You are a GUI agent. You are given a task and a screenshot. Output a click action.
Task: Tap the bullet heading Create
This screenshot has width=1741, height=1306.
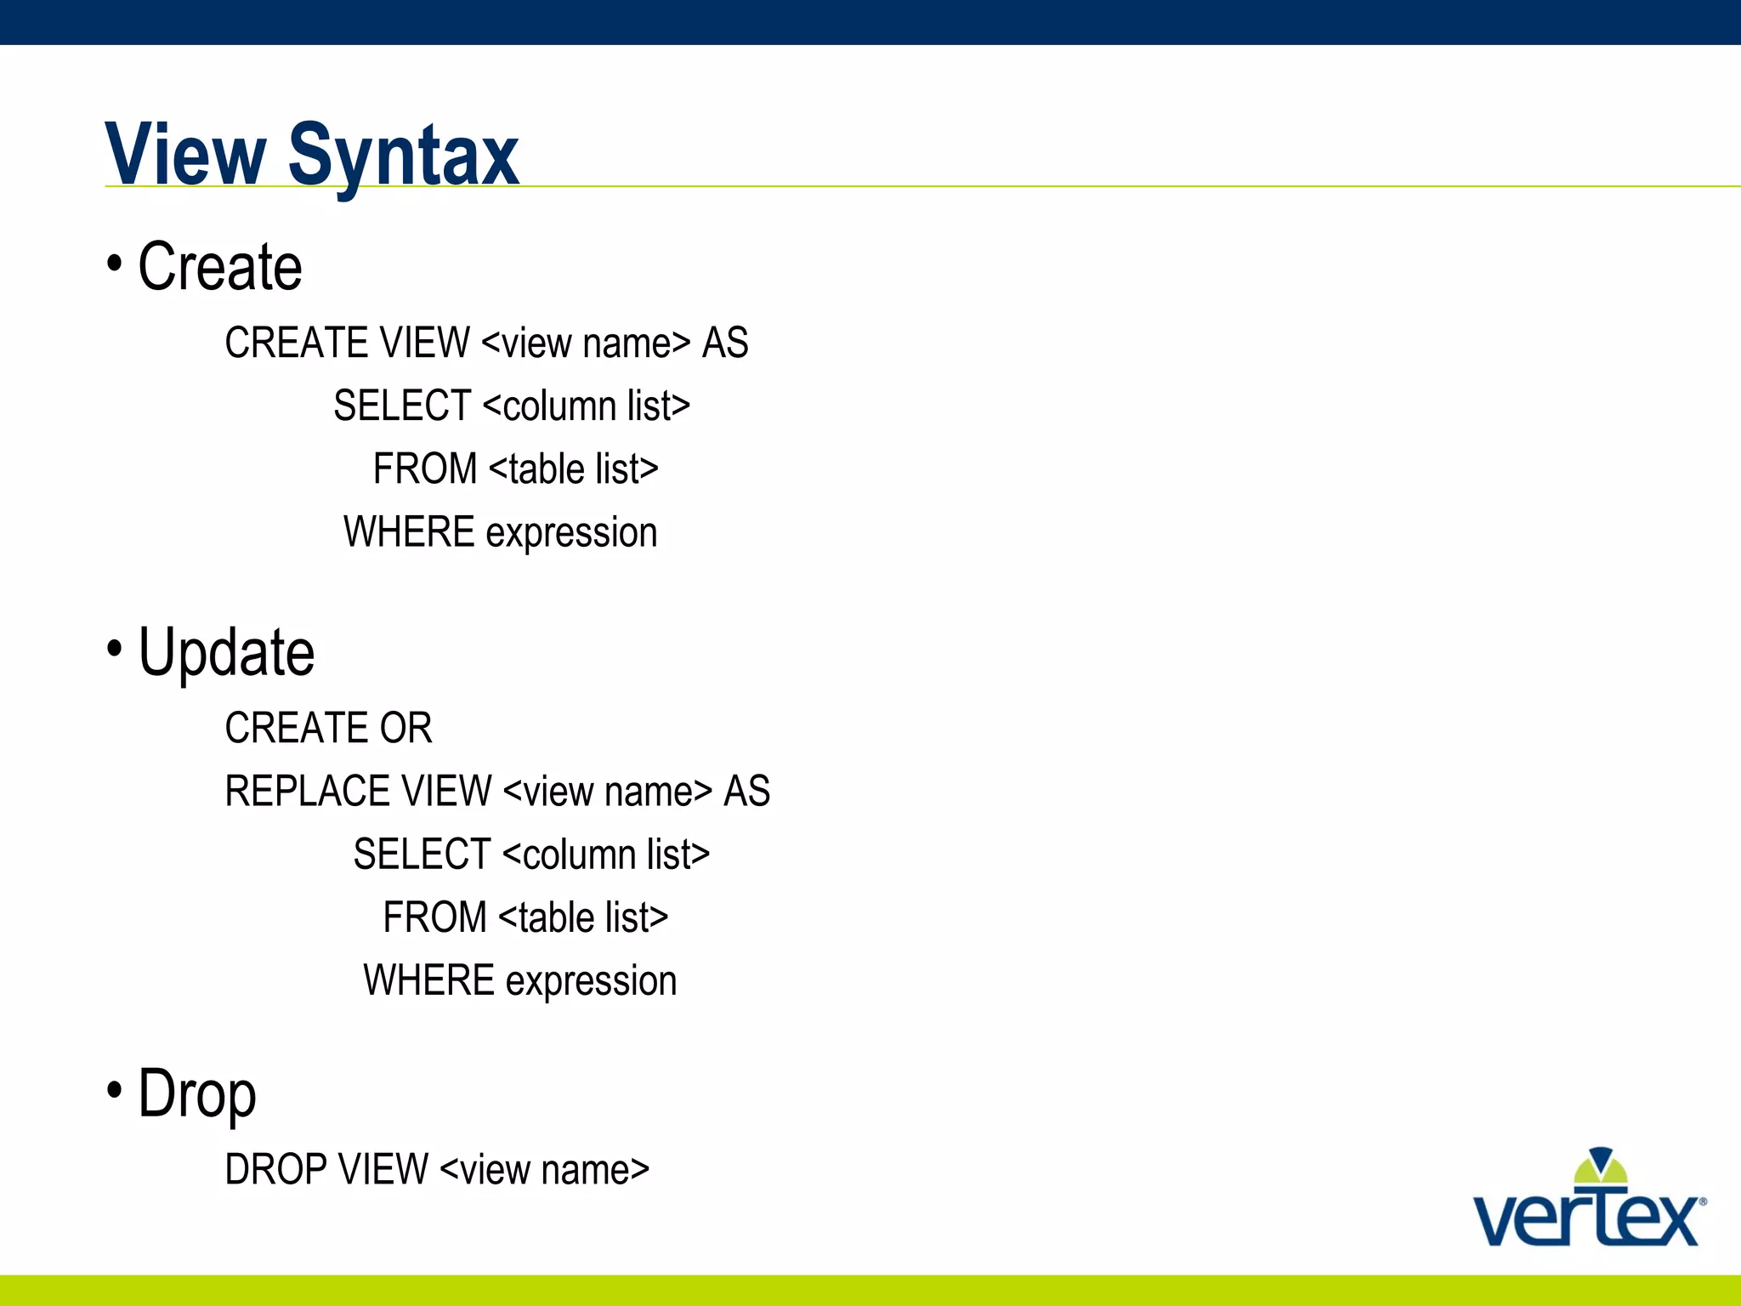click(x=219, y=267)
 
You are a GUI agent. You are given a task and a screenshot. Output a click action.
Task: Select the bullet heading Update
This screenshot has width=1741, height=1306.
click(x=226, y=653)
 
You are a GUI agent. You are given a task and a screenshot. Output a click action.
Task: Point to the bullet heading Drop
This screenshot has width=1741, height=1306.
click(x=197, y=1094)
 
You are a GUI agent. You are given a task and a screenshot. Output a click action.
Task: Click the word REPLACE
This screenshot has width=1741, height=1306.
click(x=307, y=792)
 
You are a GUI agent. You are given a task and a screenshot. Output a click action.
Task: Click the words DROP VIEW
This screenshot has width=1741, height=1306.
click(x=326, y=1170)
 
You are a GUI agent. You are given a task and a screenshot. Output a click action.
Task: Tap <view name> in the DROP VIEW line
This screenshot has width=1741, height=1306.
click(x=545, y=1170)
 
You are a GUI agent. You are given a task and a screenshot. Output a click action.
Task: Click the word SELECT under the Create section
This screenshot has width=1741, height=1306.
click(x=402, y=406)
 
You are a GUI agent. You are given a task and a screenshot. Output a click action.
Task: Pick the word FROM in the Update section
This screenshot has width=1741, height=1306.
click(x=434, y=918)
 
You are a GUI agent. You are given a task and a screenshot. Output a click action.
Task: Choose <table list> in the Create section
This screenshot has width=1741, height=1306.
click(x=574, y=469)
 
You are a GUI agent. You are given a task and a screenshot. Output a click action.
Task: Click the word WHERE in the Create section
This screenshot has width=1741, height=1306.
click(x=409, y=533)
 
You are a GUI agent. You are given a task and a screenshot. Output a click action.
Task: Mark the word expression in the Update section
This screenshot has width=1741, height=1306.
click(x=591, y=982)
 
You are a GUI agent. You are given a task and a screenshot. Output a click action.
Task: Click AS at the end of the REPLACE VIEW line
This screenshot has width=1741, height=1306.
click(x=746, y=792)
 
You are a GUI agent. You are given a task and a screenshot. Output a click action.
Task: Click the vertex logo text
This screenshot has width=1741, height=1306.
click(x=1586, y=1220)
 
